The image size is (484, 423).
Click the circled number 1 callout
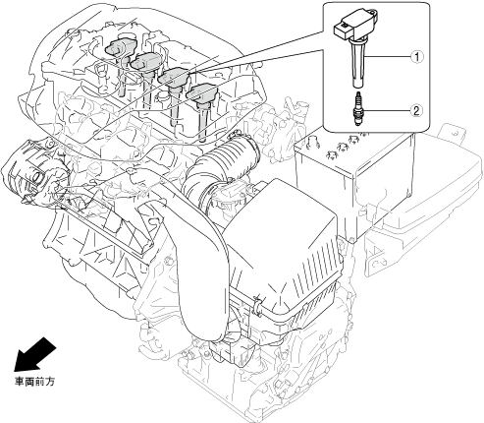click(x=416, y=57)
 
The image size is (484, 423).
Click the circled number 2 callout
click(x=416, y=110)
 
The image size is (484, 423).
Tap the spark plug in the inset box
click(x=358, y=109)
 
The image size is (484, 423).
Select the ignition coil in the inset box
click(x=356, y=46)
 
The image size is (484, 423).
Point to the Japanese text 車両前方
click(x=34, y=382)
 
